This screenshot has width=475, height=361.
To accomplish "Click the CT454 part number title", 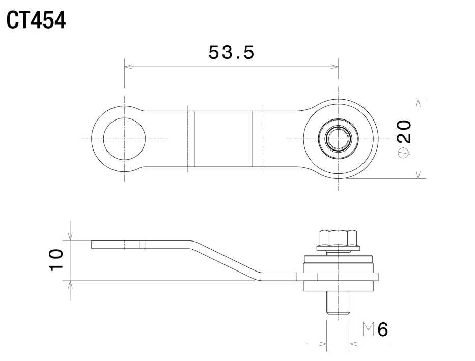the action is pyautogui.click(x=36, y=20).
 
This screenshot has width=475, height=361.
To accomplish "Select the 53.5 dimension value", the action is pyautogui.click(x=232, y=52).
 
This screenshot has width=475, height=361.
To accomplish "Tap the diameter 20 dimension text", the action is pyautogui.click(x=404, y=139).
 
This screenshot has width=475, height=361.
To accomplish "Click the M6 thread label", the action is pyautogui.click(x=375, y=329).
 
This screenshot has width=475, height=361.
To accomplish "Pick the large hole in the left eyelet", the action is pyautogui.click(x=124, y=139).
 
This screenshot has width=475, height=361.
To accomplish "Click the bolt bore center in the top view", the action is pyautogui.click(x=338, y=139).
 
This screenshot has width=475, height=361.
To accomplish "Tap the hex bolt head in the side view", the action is pyautogui.click(x=338, y=238).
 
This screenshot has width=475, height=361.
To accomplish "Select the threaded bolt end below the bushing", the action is pyautogui.click(x=338, y=303).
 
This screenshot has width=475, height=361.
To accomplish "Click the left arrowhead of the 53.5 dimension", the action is pyautogui.click(x=128, y=67).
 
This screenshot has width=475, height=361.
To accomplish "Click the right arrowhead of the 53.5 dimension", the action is pyautogui.click(x=334, y=67).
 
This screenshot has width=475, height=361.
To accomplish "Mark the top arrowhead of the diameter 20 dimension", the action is pyautogui.click(x=418, y=103).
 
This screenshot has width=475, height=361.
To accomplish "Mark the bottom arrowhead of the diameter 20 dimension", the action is pyautogui.click(x=418, y=174).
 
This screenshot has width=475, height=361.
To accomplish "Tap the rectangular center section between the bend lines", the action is pyautogui.click(x=223, y=139).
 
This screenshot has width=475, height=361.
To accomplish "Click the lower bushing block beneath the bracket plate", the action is pyautogui.click(x=338, y=286).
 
